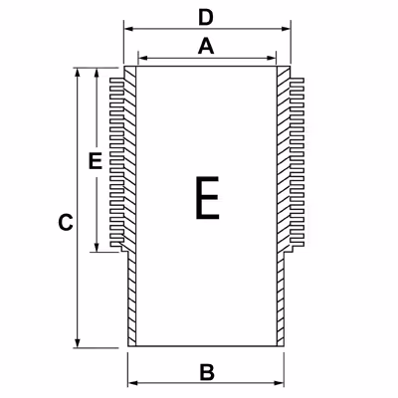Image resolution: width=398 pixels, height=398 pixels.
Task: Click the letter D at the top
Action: click(206, 18)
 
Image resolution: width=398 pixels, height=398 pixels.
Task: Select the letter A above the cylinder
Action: click(206, 46)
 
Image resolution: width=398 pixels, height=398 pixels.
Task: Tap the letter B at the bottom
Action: click(207, 372)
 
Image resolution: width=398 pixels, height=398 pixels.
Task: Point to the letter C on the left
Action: click(66, 223)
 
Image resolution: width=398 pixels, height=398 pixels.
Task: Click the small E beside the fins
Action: click(96, 161)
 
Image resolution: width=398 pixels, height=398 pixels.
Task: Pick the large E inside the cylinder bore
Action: click(207, 198)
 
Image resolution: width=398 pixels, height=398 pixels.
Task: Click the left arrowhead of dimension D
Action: click(128, 29)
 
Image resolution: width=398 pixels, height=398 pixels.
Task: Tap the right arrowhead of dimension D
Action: click(286, 29)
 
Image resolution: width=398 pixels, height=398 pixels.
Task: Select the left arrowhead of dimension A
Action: click(142, 59)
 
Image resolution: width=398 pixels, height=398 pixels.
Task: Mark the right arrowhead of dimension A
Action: click(272, 59)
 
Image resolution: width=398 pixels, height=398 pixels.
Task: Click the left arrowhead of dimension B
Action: click(132, 383)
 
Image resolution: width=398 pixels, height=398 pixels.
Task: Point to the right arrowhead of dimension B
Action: click(280, 383)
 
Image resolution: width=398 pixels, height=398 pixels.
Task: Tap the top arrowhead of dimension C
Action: click(78, 73)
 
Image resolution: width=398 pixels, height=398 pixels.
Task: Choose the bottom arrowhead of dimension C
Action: click(78, 343)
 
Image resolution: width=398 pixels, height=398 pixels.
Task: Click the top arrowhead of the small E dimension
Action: click(97, 73)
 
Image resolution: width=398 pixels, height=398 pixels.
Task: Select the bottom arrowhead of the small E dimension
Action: click(97, 247)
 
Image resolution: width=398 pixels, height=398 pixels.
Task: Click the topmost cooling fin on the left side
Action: click(117, 81)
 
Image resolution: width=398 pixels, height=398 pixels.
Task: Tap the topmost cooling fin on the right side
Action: click(297, 81)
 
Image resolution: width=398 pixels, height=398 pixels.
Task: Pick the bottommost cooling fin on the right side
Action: click(298, 244)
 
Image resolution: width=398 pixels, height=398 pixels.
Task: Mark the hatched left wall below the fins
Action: click(132, 298)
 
